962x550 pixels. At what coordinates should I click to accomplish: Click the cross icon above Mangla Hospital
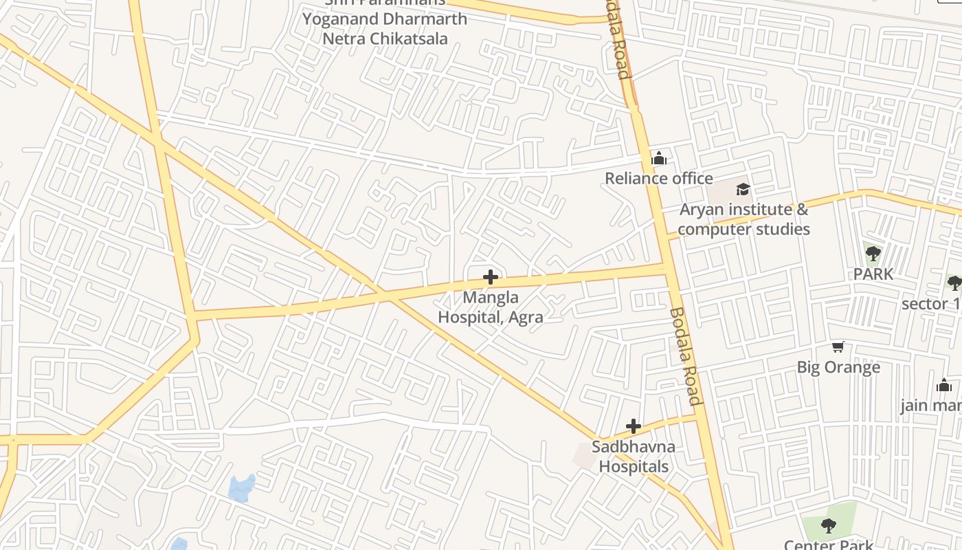[x=491, y=277]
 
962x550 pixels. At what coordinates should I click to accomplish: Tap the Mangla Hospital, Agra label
[x=491, y=307]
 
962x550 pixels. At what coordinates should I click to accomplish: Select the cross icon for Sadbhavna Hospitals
[x=634, y=426]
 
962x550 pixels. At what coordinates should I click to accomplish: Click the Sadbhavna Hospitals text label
[x=634, y=456]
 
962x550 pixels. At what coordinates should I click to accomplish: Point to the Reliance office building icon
[x=659, y=159]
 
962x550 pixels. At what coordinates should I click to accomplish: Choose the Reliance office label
[x=658, y=179]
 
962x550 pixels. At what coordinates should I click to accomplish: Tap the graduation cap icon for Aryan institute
[x=743, y=189]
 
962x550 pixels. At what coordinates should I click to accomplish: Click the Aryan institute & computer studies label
[x=743, y=219]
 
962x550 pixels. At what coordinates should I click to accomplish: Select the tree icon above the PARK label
[x=873, y=254]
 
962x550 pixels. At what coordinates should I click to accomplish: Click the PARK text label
[x=873, y=274]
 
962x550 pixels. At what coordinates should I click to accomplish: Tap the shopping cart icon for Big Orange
[x=838, y=347]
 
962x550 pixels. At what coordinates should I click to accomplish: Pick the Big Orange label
[x=838, y=367]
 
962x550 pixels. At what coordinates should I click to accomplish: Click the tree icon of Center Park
[x=829, y=526]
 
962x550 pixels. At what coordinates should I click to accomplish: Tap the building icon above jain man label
[x=944, y=385]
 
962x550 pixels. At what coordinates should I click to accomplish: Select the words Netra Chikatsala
[x=385, y=38]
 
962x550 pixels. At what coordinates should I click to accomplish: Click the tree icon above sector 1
[x=954, y=283]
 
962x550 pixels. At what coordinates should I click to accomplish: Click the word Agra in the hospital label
[x=526, y=317]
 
